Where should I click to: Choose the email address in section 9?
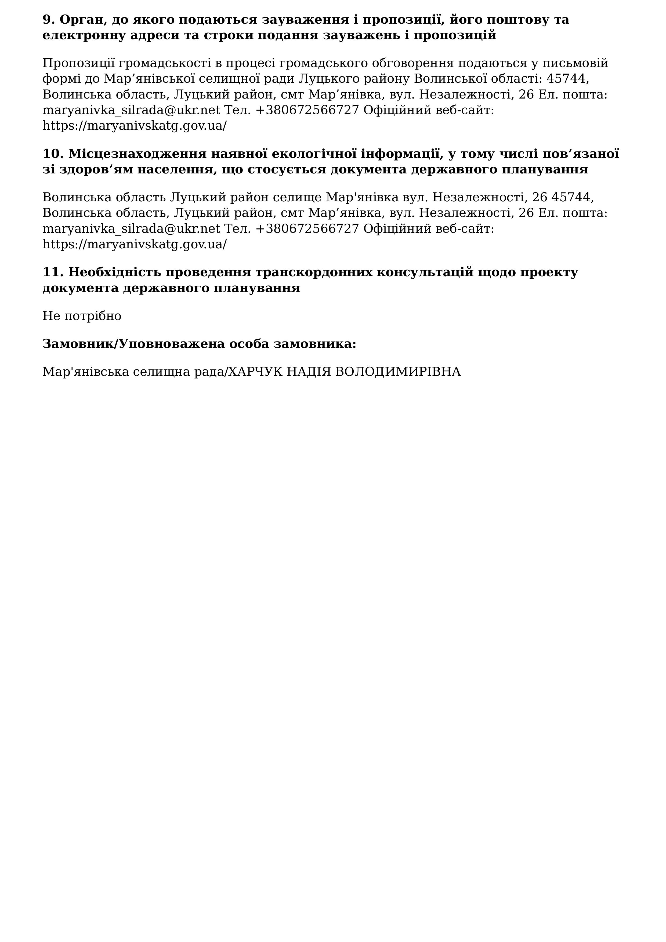coord(131,110)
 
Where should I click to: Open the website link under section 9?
coord(135,126)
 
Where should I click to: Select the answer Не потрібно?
coord(82,316)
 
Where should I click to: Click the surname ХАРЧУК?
coord(255,372)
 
